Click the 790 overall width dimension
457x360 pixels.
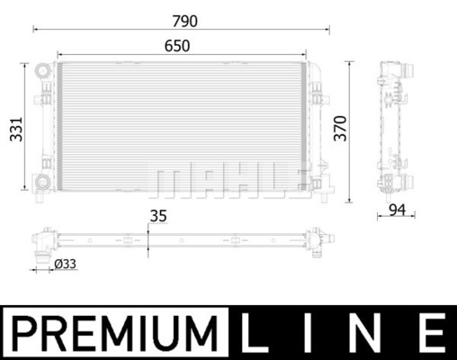point(184,21)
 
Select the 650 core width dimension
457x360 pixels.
point(177,46)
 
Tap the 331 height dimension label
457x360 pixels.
point(16,129)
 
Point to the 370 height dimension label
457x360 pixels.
point(340,128)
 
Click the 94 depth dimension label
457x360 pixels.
point(397,210)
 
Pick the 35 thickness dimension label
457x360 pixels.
point(158,216)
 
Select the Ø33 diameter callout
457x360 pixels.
point(65,264)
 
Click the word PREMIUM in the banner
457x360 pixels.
point(115,333)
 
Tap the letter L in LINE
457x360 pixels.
point(254,333)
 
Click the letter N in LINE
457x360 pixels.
point(365,333)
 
